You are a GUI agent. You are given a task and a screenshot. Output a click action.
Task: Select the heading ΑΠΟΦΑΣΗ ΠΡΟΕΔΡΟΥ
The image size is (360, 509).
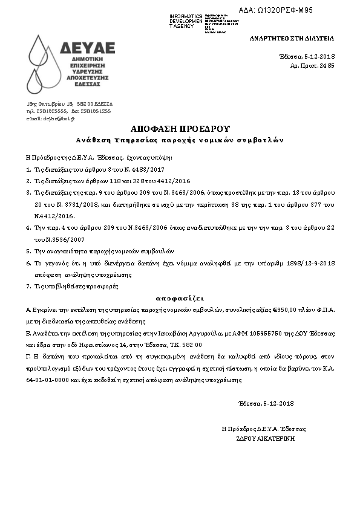tap(180, 129)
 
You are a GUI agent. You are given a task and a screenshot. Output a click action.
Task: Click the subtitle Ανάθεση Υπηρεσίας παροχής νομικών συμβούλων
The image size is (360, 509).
tap(180, 140)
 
